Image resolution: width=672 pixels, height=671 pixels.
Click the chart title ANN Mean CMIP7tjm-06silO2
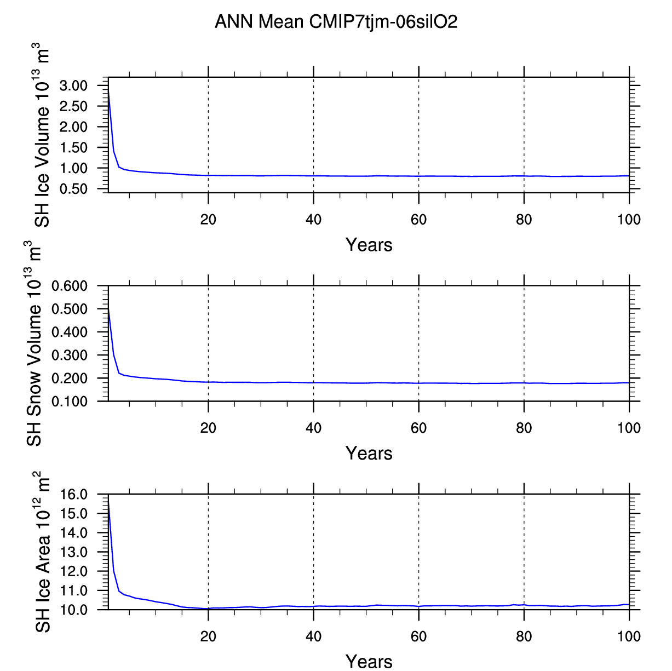pyautogui.click(x=336, y=22)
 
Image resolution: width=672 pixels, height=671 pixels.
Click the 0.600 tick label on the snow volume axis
pyautogui.click(x=70, y=286)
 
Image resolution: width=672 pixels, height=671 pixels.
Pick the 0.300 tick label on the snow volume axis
pyautogui.click(x=70, y=355)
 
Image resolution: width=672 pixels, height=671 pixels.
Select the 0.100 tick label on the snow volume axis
pyautogui.click(x=70, y=402)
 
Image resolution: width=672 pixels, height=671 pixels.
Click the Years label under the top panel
pyautogui.click(x=369, y=245)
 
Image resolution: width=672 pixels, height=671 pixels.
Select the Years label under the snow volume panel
pyautogui.click(x=369, y=454)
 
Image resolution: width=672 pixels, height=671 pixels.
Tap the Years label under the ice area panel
pyautogui.click(x=369, y=661)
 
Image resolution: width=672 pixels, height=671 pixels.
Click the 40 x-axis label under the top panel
pyautogui.click(x=313, y=220)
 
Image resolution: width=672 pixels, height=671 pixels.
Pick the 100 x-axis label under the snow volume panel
pyautogui.click(x=629, y=428)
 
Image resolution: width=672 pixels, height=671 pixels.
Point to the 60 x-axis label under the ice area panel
pyautogui.click(x=418, y=636)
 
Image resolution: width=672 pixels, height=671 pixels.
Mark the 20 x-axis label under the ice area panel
pyautogui.click(x=208, y=636)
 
